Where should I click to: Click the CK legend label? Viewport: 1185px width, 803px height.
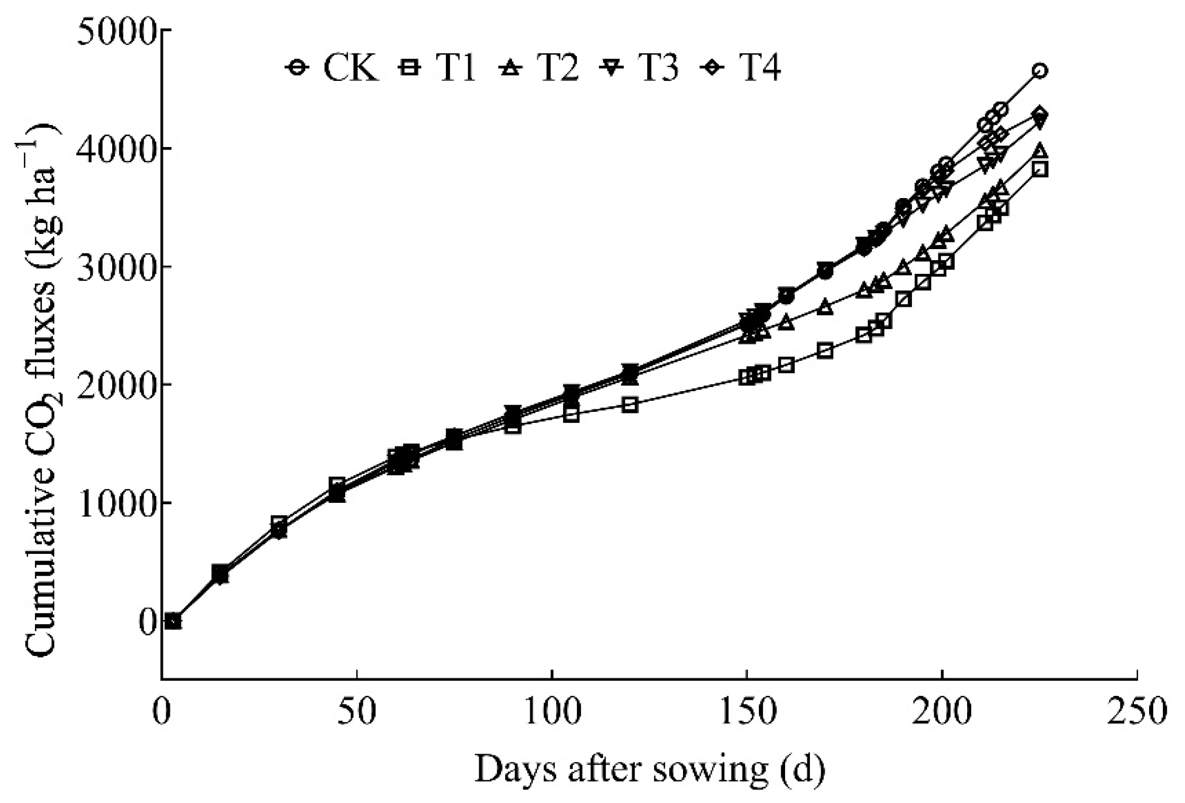pyautogui.click(x=351, y=68)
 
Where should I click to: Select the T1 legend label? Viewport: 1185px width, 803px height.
pyautogui.click(x=455, y=68)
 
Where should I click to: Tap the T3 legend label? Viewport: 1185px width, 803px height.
pyautogui.click(x=658, y=68)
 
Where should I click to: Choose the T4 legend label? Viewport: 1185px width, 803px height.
pyautogui.click(x=760, y=68)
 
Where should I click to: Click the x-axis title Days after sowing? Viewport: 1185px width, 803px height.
pyautogui.click(x=649, y=769)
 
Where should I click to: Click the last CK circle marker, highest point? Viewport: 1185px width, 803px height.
pyautogui.click(x=1040, y=71)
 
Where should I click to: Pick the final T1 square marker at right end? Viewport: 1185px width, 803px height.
pyautogui.click(x=1040, y=169)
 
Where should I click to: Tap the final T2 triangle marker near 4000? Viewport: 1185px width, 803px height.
pyautogui.click(x=1040, y=151)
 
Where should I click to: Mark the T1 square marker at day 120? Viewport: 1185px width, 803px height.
pyautogui.click(x=630, y=405)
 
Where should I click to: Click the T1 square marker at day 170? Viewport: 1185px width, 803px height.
pyautogui.click(x=825, y=351)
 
